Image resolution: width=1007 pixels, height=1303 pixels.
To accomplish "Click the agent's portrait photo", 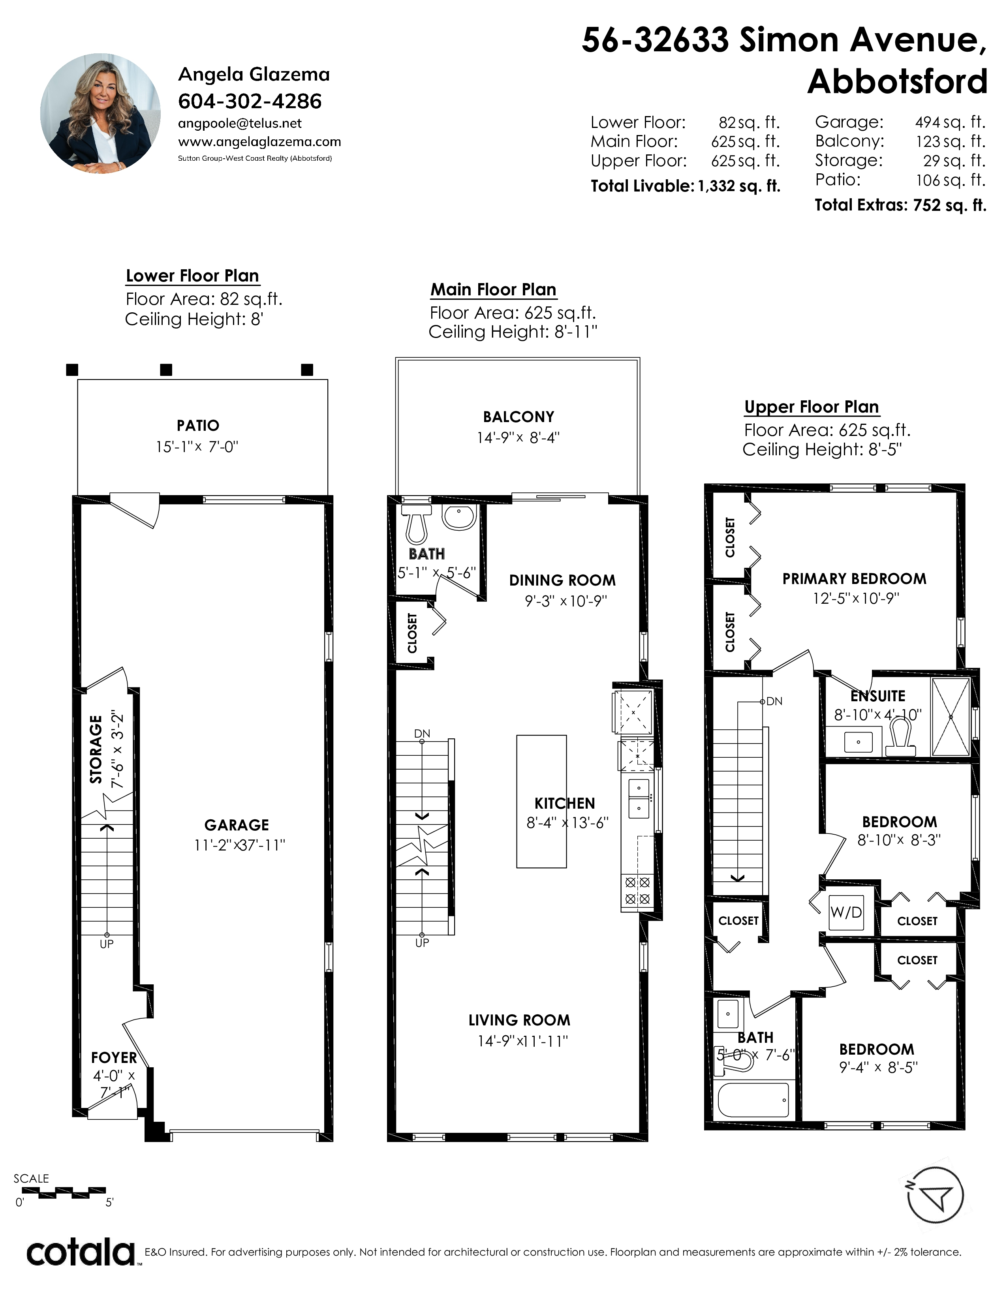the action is pos(100,113).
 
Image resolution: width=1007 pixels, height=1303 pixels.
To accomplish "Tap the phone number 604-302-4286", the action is pos(250,101).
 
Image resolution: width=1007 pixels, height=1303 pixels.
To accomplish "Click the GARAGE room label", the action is pos(237,825).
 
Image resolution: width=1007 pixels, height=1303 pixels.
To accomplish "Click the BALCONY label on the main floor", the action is pos(519,417).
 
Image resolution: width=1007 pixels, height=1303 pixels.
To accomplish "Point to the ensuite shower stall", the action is pos(951,717).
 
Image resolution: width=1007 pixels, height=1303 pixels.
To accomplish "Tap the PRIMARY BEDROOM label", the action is pos(854,579).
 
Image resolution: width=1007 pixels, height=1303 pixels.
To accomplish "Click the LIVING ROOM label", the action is pos(519,1020).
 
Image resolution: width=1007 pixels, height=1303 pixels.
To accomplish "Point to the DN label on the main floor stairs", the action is pos(422,733).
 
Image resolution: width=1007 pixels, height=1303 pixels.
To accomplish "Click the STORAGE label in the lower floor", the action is pos(96,749).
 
